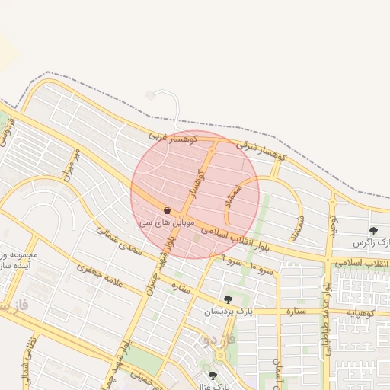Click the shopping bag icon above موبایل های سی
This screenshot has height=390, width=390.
(167, 210)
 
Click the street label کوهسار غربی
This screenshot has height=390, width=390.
(172, 138)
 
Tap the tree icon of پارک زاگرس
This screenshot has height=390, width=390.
(373, 231)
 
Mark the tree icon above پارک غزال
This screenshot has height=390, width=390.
(212, 376)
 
